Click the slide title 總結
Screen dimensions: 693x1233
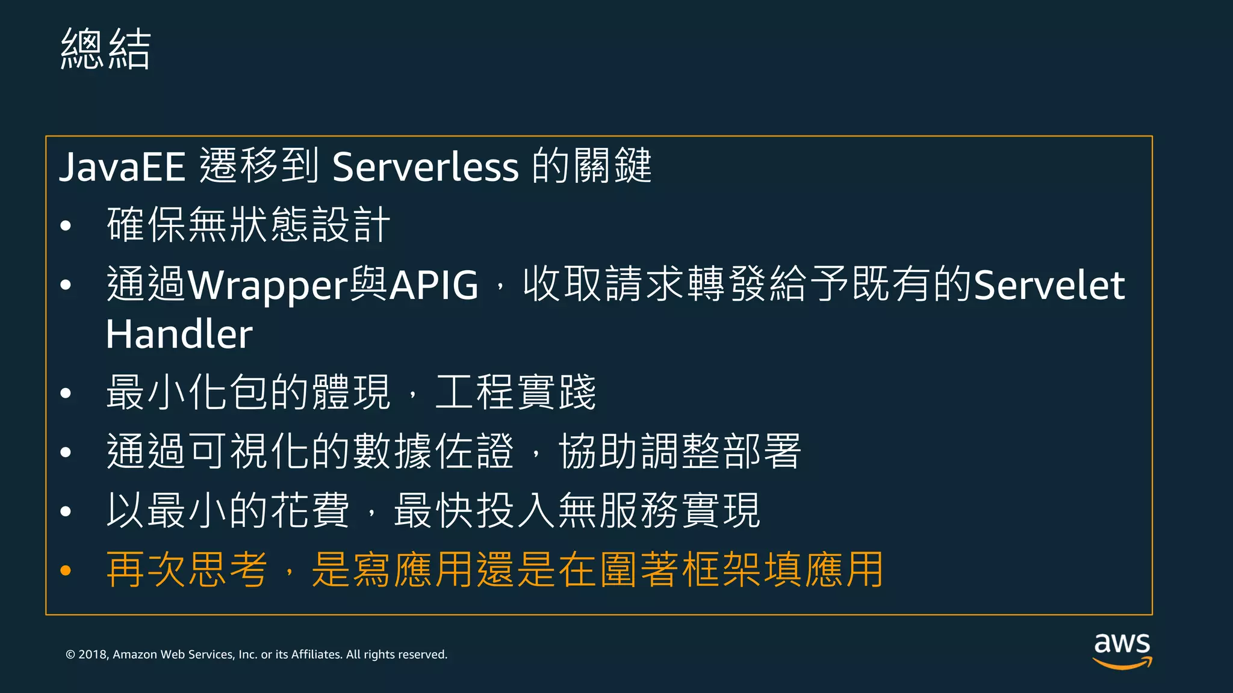(x=105, y=49)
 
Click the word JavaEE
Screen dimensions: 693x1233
(x=122, y=167)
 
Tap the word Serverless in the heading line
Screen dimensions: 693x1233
(x=425, y=167)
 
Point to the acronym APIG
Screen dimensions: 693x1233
(x=434, y=285)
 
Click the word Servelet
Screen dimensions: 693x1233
(x=1049, y=285)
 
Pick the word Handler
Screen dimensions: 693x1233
(x=179, y=334)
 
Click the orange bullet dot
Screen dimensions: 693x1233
(x=66, y=570)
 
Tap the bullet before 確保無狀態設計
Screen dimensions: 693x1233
(x=66, y=226)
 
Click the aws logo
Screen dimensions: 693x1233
(x=1122, y=650)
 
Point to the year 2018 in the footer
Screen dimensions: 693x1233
(x=93, y=654)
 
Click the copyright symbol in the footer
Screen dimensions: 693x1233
(x=70, y=654)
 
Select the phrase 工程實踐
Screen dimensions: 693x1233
(x=515, y=392)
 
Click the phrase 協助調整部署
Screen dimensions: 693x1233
(x=680, y=451)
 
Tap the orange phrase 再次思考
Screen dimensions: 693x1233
(x=187, y=570)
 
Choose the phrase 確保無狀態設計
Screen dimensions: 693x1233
(x=249, y=225)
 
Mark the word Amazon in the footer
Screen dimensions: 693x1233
(x=135, y=654)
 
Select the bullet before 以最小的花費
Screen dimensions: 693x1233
(x=66, y=511)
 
